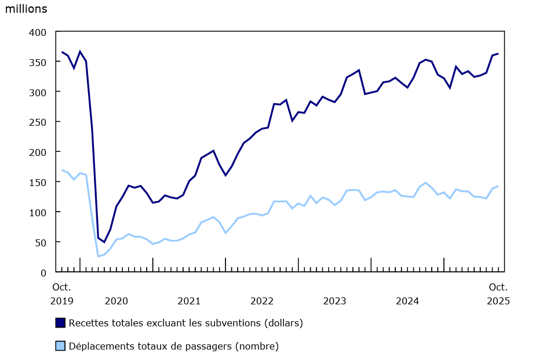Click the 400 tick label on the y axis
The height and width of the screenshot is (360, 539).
click(39, 32)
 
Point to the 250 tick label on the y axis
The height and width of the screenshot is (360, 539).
click(39, 122)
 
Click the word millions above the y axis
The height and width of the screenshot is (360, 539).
click(26, 9)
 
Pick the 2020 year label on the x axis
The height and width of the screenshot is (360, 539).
click(116, 301)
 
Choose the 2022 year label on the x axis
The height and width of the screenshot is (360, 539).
click(262, 301)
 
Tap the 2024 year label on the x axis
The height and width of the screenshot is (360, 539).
click(407, 301)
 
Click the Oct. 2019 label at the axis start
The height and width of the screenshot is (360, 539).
click(61, 294)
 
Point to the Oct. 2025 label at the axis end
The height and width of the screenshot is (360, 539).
click(498, 294)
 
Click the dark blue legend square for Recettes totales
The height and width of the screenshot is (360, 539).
click(60, 322)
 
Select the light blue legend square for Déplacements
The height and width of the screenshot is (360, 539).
click(60, 346)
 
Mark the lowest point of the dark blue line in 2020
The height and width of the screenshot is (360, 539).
click(104, 242)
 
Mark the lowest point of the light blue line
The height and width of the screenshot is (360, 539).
click(98, 256)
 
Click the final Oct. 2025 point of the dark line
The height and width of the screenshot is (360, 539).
click(498, 54)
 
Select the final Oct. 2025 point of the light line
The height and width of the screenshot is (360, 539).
click(498, 186)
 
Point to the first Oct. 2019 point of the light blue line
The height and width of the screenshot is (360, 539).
click(62, 170)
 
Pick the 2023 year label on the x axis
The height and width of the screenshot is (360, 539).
click(334, 301)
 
